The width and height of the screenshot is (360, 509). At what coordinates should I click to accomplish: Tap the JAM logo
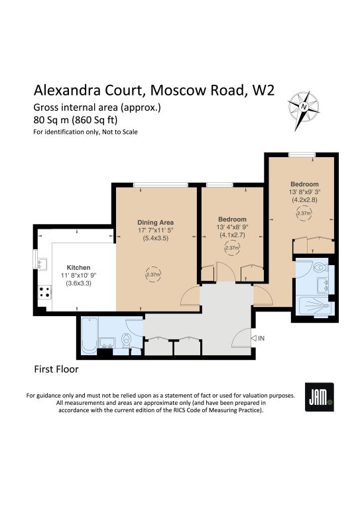point(320,397)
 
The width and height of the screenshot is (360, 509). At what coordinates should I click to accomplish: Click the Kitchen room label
point(78,268)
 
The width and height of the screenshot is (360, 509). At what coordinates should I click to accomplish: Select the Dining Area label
point(156,223)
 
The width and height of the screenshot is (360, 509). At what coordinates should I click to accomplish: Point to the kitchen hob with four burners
point(45,292)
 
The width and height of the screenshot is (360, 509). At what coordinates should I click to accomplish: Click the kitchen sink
point(42,264)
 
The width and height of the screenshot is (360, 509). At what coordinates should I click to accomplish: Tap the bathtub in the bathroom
point(90,335)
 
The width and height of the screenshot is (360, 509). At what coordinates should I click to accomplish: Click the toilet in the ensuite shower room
point(321,267)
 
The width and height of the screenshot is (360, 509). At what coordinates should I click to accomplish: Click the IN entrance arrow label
point(258,338)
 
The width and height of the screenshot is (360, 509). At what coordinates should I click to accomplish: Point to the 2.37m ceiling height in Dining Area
point(153,274)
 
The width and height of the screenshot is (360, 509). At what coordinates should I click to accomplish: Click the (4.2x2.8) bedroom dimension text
point(305,200)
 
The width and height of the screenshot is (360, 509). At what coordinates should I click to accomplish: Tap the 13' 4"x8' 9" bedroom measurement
point(233,227)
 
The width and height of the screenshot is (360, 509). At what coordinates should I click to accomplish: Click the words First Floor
point(56,369)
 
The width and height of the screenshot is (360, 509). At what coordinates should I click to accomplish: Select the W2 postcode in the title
point(264,90)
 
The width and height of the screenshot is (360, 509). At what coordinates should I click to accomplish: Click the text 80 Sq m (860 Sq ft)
point(76,120)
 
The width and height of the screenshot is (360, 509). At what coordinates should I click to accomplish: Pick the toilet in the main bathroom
point(126,340)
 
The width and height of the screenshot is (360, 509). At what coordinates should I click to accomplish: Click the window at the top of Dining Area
point(160,185)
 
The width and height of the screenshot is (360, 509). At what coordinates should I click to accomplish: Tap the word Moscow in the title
point(179,90)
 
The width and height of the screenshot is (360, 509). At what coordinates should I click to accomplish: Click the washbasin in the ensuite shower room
point(323,285)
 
